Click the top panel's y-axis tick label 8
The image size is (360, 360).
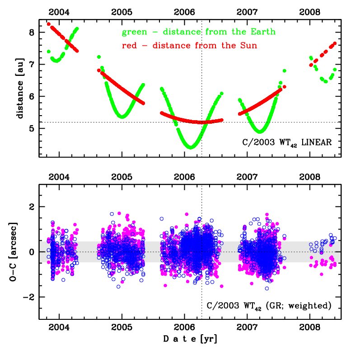(31, 33)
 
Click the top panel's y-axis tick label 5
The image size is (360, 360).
(31, 128)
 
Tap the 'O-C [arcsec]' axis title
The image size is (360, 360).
(15, 252)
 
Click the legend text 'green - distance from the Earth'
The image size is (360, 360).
(198, 33)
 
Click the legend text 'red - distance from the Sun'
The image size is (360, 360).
(190, 46)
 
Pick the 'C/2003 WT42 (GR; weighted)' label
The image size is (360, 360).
(268, 306)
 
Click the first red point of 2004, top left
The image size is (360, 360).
(49, 24)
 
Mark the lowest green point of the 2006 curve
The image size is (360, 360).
(191, 147)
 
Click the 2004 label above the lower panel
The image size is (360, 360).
(59, 175)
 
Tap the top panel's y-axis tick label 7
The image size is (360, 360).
(31, 65)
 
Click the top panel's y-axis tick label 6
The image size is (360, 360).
(31, 97)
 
